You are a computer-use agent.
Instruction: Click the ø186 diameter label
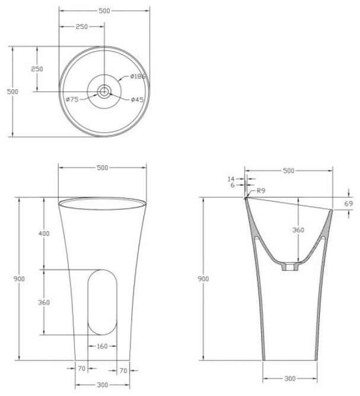(138, 76)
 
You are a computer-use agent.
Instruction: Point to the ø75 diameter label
(72, 100)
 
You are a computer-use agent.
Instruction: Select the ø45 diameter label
(138, 100)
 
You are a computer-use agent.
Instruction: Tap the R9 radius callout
(261, 190)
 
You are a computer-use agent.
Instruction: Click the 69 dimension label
(349, 203)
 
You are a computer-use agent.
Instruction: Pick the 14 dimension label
(231, 179)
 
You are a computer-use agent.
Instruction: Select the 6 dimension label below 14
(232, 186)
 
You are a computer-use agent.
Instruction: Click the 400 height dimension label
(44, 234)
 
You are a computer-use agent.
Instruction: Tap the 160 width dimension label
(103, 346)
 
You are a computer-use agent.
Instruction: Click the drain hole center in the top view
(104, 91)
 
